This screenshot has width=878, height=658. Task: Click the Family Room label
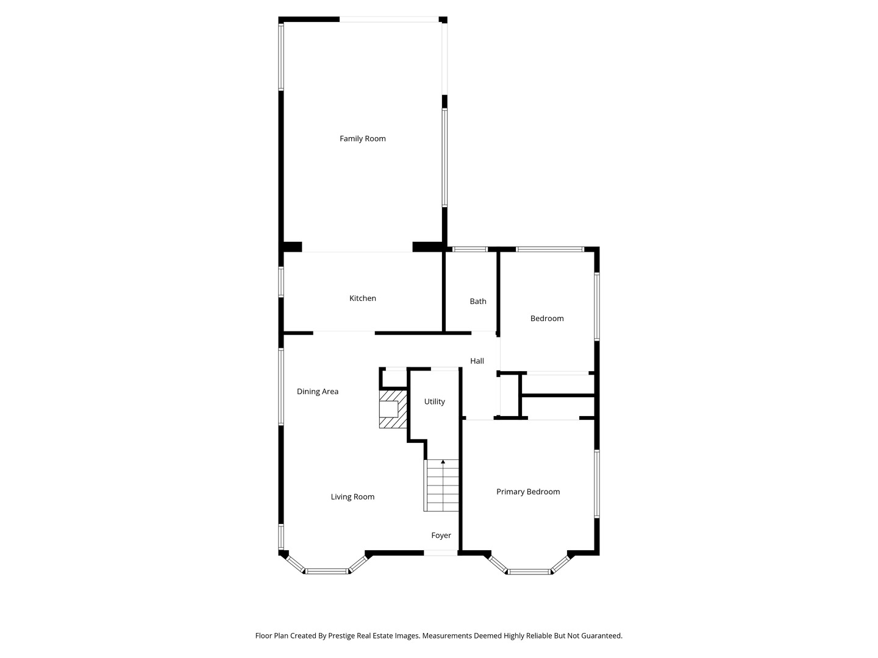click(362, 139)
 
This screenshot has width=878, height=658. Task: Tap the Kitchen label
click(362, 298)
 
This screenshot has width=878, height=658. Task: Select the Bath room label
click(478, 301)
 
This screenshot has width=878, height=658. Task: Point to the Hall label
click(477, 361)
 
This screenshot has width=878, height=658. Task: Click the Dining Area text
click(318, 392)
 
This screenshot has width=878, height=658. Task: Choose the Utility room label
click(434, 402)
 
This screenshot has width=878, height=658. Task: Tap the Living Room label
click(352, 497)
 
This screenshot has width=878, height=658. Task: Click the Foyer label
click(441, 536)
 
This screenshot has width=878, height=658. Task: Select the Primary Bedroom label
click(528, 492)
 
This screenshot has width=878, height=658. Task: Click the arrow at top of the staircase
click(443, 462)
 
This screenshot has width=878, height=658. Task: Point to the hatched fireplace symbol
click(393, 409)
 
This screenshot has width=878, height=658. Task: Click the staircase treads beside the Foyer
click(441, 486)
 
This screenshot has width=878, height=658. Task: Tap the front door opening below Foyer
click(440, 553)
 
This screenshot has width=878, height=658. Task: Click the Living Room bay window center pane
click(327, 571)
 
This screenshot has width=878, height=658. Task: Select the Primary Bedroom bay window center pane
click(529, 571)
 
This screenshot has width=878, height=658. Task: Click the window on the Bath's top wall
click(469, 249)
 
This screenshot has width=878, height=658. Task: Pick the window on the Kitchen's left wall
click(281, 281)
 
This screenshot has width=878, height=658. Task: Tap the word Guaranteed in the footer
click(602, 635)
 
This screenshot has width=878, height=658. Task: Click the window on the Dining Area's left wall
click(281, 387)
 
